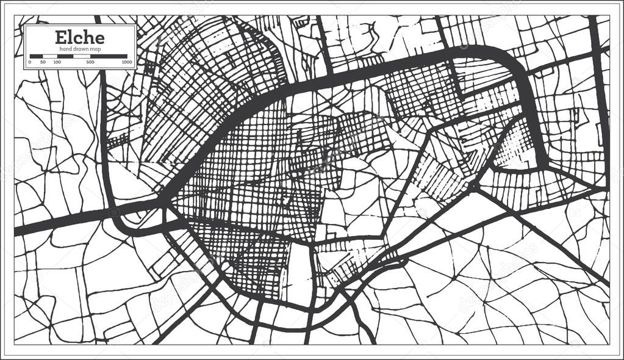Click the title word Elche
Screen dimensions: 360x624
(x=79, y=37)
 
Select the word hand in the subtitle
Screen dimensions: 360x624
(x=66, y=48)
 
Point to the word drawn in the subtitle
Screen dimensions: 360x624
(x=81, y=48)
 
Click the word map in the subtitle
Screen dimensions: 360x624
(x=95, y=48)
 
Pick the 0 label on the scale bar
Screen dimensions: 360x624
(x=30, y=62)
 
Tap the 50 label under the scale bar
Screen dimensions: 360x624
(x=43, y=62)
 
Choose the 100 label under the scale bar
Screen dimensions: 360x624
(x=57, y=62)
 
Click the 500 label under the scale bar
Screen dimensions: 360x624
(x=90, y=62)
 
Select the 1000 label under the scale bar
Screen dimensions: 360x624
(x=127, y=62)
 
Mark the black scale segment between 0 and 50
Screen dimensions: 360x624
(x=36, y=56)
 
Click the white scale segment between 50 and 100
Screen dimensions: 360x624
(x=49, y=56)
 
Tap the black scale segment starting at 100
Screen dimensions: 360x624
(x=65, y=56)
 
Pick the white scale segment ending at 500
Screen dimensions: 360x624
(x=82, y=56)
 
